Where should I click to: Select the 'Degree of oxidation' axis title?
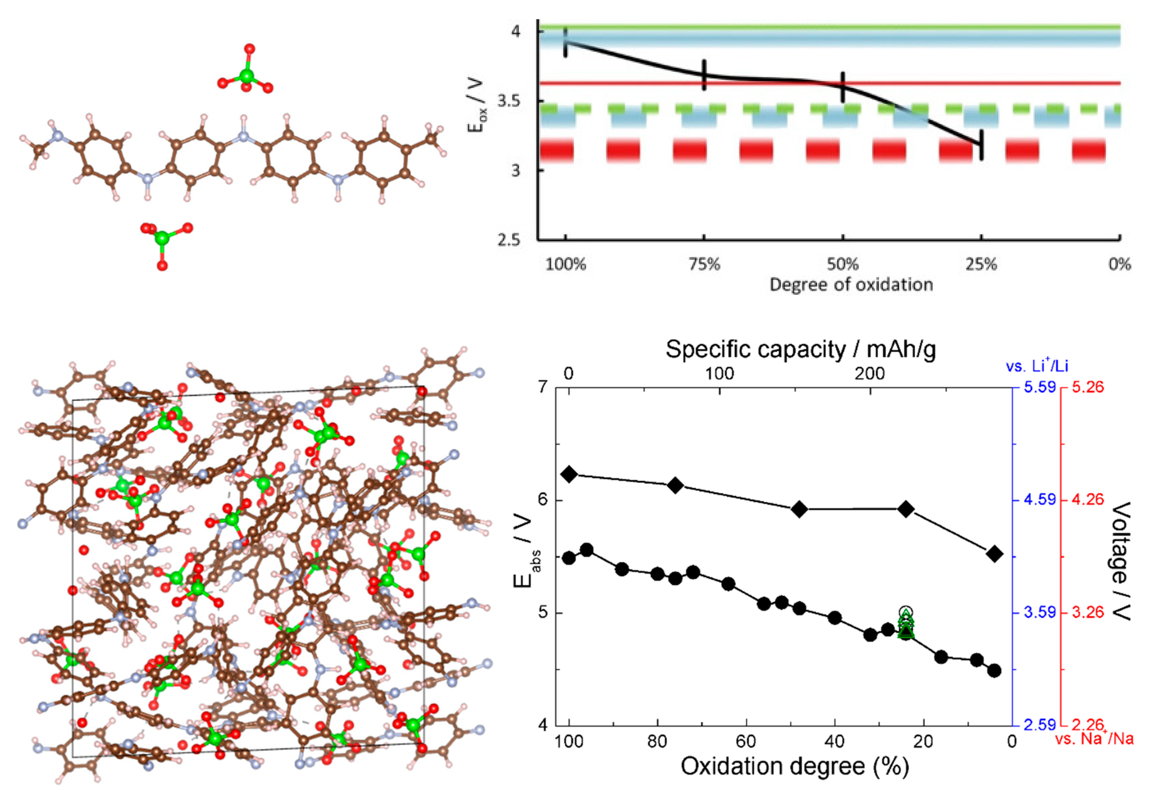coord(851,285)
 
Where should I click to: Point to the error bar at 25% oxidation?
coord(981,145)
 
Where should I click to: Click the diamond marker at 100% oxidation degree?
coord(569,474)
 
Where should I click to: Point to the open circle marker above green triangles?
coord(905,612)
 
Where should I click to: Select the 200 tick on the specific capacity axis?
coord(870,374)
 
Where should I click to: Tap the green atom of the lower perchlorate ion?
coord(162,238)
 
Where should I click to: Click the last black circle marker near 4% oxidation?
coord(994,671)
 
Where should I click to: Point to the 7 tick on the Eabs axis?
coord(544,388)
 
